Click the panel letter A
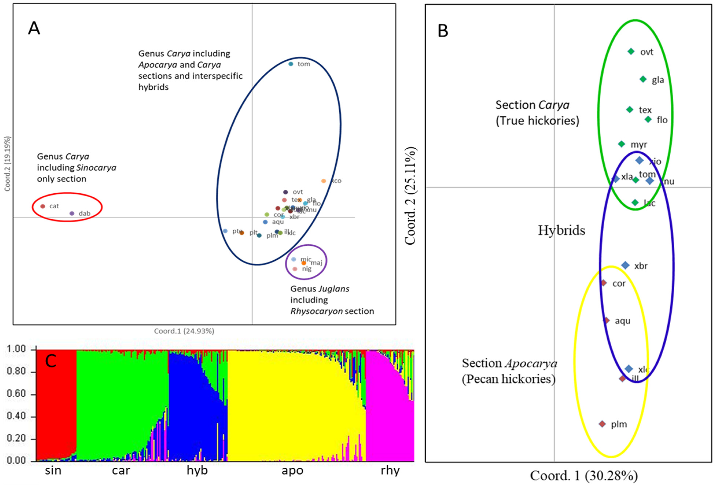(x=34, y=28)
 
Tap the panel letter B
(x=443, y=31)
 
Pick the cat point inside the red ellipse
(x=43, y=206)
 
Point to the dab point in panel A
(x=72, y=213)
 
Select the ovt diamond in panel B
(x=631, y=52)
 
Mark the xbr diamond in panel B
(x=625, y=265)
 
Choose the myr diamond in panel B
(x=621, y=144)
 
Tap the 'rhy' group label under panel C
(x=390, y=471)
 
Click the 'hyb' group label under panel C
(x=197, y=471)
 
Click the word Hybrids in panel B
(x=561, y=230)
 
